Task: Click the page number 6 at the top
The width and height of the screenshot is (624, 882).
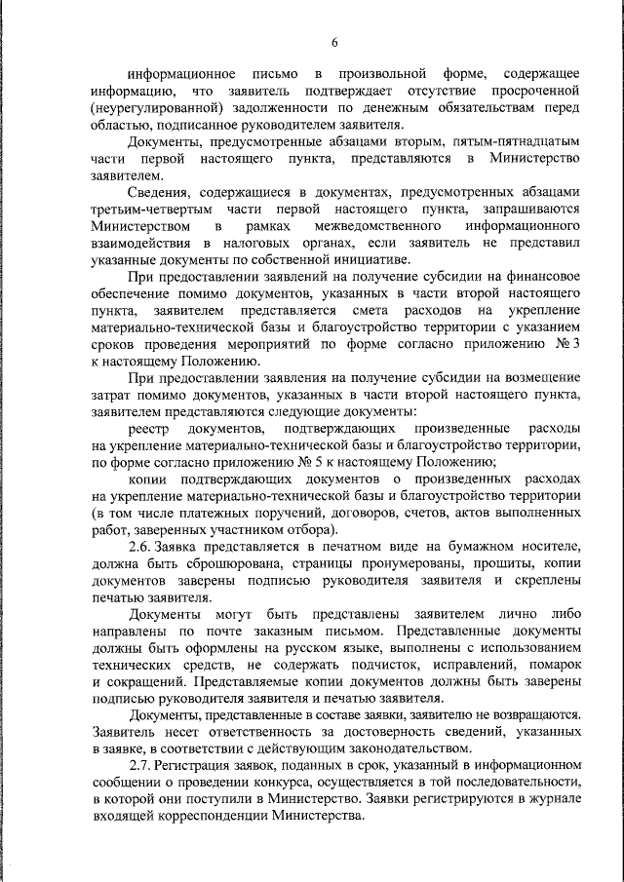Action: click(333, 42)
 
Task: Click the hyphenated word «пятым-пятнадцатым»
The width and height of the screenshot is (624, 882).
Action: click(522, 141)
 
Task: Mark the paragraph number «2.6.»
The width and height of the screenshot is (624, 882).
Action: click(147, 545)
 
